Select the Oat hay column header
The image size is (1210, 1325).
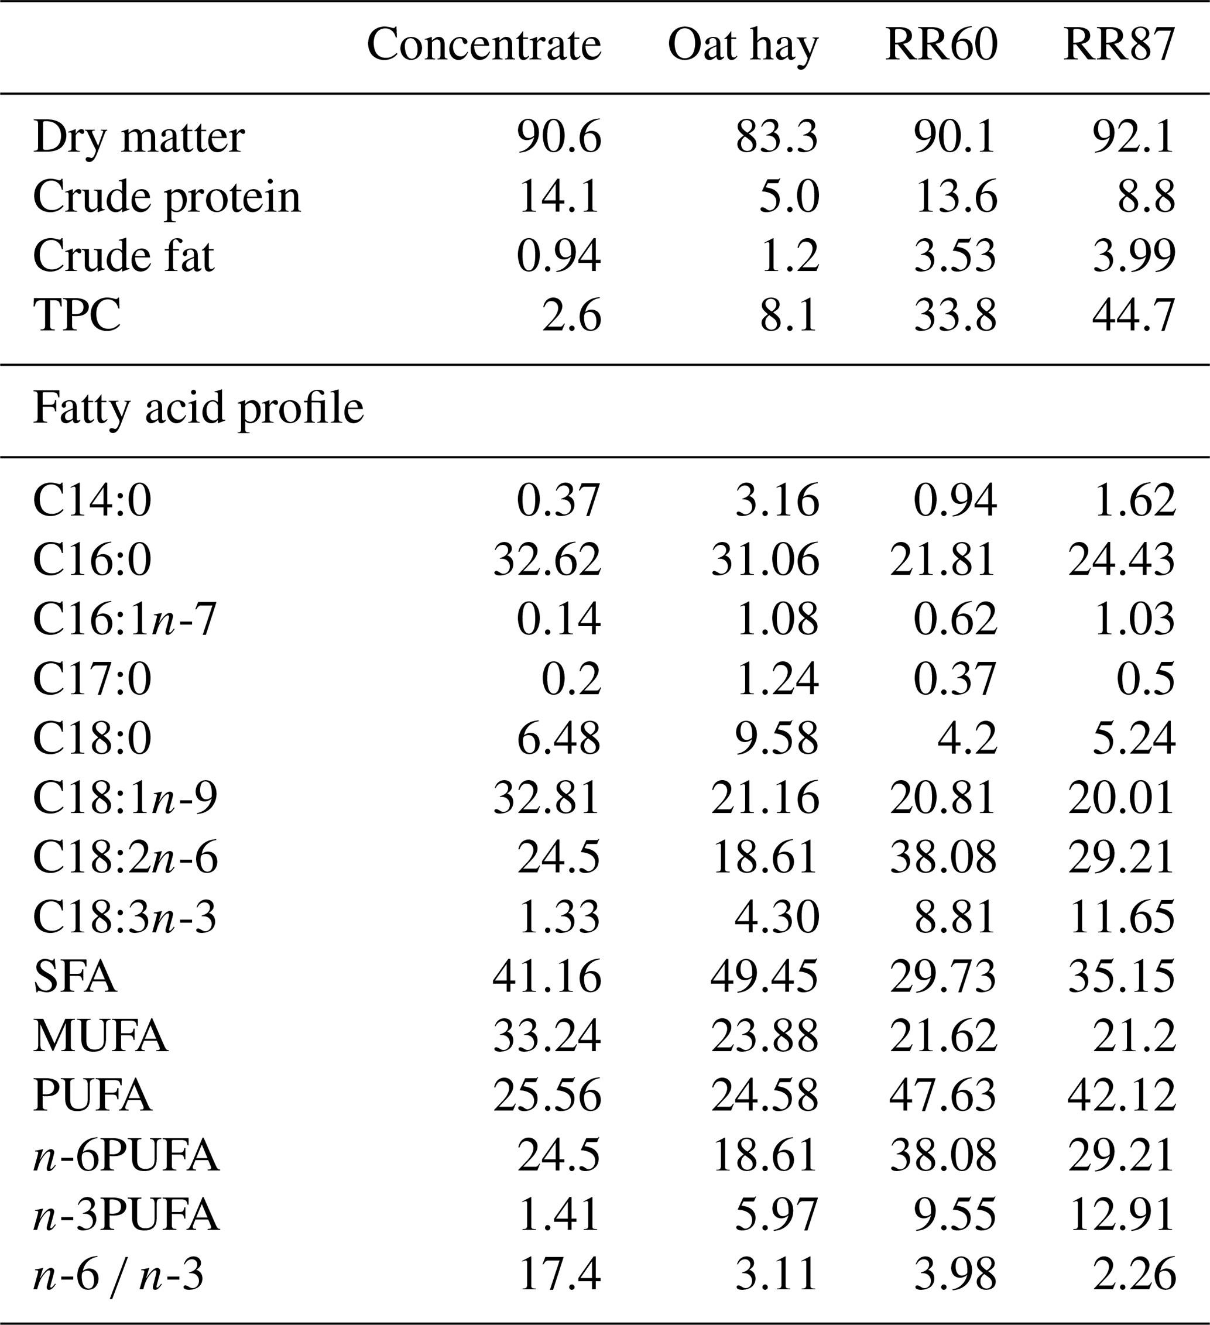click(x=743, y=46)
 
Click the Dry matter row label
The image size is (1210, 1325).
click(x=139, y=138)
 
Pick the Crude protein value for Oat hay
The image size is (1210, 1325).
click(x=789, y=197)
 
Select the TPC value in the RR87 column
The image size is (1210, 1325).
click(x=1133, y=315)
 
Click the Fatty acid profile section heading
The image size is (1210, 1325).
click(x=198, y=408)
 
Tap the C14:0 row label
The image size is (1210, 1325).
click(x=92, y=500)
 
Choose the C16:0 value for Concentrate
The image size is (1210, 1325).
click(x=547, y=560)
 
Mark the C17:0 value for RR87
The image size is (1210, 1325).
click(x=1145, y=679)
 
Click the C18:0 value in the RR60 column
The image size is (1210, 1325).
click(x=967, y=738)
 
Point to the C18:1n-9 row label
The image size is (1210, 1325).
click(x=125, y=798)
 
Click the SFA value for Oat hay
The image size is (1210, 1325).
click(x=765, y=976)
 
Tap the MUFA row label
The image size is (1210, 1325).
click(x=101, y=1036)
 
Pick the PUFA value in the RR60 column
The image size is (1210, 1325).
click(x=943, y=1096)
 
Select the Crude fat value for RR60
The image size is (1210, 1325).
click(x=955, y=256)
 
